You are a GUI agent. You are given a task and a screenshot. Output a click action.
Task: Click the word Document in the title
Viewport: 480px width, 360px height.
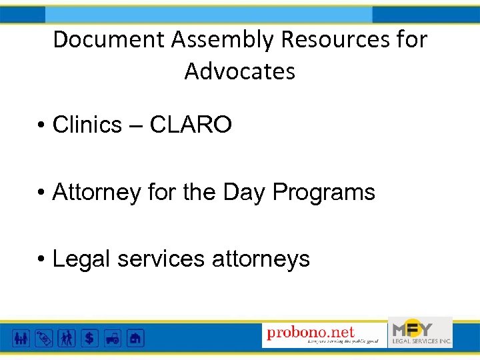tap(109, 40)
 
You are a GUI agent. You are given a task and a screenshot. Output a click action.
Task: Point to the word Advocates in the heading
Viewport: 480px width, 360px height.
tap(240, 71)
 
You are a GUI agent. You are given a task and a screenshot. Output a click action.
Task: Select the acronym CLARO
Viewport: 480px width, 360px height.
tap(191, 125)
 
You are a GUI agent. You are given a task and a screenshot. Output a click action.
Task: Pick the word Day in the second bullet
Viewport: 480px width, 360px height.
tap(245, 193)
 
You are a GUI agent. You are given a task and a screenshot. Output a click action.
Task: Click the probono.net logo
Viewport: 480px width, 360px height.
tap(325, 333)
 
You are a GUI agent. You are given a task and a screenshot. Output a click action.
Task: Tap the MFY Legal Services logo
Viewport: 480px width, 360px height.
tap(421, 332)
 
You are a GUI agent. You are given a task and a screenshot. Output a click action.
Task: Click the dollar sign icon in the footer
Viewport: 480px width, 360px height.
tap(89, 337)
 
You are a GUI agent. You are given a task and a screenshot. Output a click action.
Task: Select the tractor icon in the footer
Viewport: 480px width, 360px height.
tap(112, 337)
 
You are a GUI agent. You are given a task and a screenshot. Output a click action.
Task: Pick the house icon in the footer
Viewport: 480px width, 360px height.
tap(135, 337)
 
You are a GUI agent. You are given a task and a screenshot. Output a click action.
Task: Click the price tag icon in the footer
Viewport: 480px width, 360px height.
tap(44, 337)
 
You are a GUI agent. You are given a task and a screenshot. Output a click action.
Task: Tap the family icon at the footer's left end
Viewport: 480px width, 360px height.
tap(21, 337)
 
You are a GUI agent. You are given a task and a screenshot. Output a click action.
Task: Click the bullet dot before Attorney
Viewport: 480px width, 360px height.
tap(42, 193)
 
